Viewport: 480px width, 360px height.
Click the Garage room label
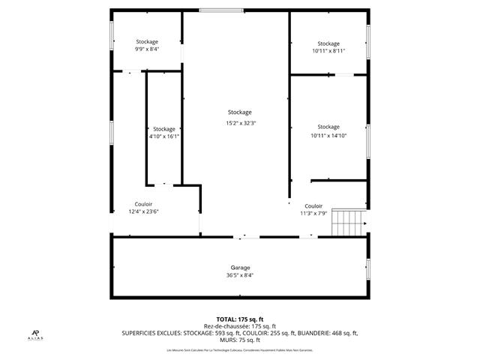tap(240, 268)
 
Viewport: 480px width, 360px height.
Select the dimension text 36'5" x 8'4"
tap(240, 275)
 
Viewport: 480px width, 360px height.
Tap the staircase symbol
tap(346, 223)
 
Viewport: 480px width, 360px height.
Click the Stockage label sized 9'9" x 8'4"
tap(147, 41)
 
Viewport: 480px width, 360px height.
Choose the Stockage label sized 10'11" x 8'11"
tap(328, 43)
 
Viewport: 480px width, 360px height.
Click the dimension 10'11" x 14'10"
tap(328, 136)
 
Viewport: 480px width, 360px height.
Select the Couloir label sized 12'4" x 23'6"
tap(143, 203)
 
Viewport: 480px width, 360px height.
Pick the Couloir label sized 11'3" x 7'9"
tap(313, 205)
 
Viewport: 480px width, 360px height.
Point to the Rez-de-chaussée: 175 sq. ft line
tap(240, 326)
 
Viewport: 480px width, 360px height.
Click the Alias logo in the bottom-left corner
tap(35, 334)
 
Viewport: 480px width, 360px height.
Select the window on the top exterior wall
tap(221, 10)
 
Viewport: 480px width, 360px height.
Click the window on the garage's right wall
tap(368, 267)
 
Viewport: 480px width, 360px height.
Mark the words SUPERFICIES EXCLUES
tap(149, 333)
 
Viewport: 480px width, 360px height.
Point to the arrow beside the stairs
tap(364, 223)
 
